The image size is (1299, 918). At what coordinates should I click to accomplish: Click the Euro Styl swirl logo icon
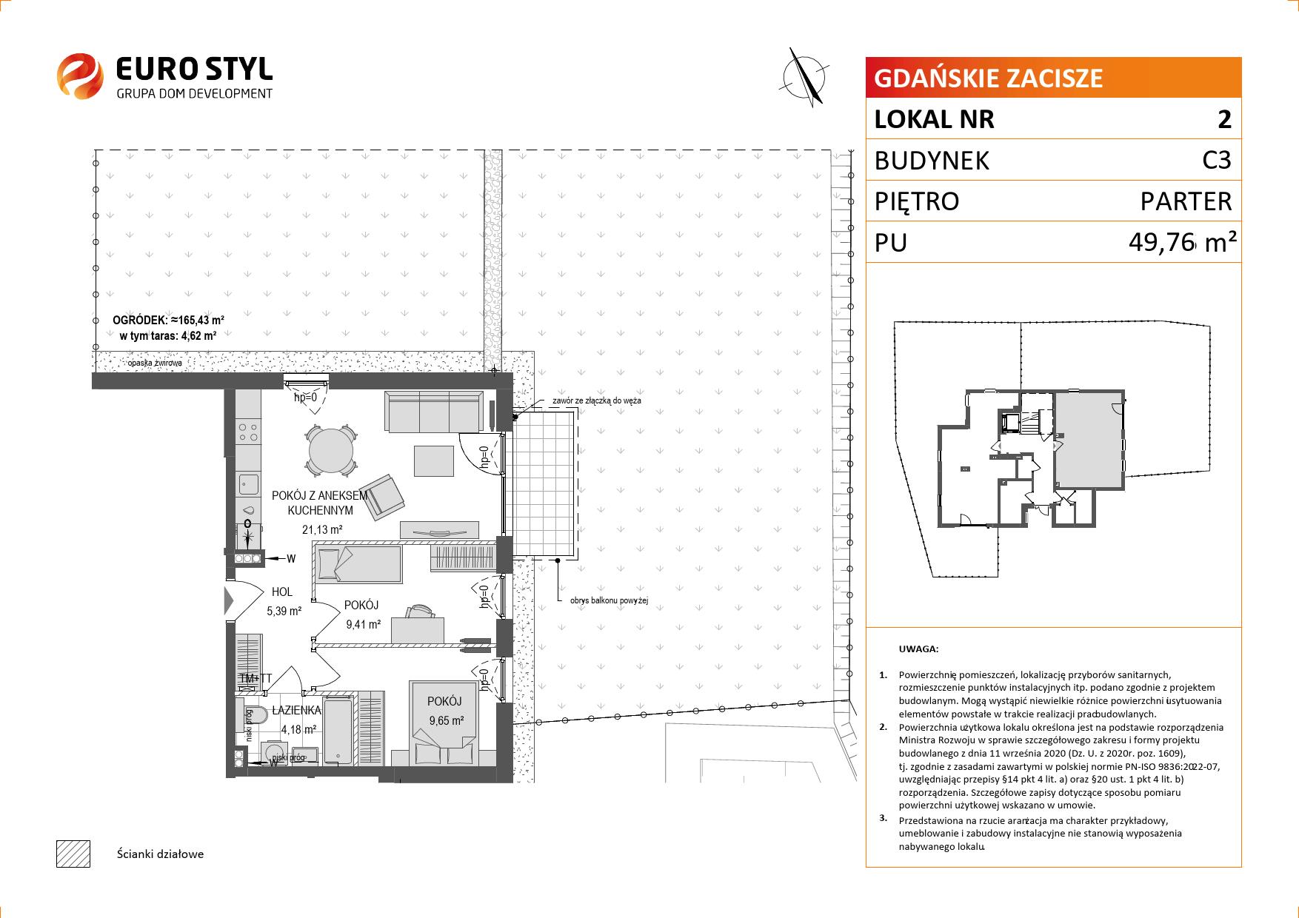click(x=79, y=75)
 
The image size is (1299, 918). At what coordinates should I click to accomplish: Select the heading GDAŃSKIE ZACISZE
click(x=989, y=78)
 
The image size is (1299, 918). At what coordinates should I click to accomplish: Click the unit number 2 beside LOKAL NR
click(x=1225, y=119)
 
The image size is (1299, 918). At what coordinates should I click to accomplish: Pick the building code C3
click(x=1217, y=160)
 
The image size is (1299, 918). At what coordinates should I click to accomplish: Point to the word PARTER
click(x=1186, y=201)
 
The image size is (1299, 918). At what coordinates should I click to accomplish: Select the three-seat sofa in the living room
click(x=434, y=412)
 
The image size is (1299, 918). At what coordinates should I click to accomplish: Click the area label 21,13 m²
click(x=321, y=529)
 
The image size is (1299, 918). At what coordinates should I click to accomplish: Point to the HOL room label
click(x=281, y=592)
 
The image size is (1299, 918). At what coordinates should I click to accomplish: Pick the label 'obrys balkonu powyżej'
click(x=609, y=601)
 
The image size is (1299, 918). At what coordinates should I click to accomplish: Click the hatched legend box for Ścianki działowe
click(x=73, y=854)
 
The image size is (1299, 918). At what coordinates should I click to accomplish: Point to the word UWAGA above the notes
click(x=918, y=649)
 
